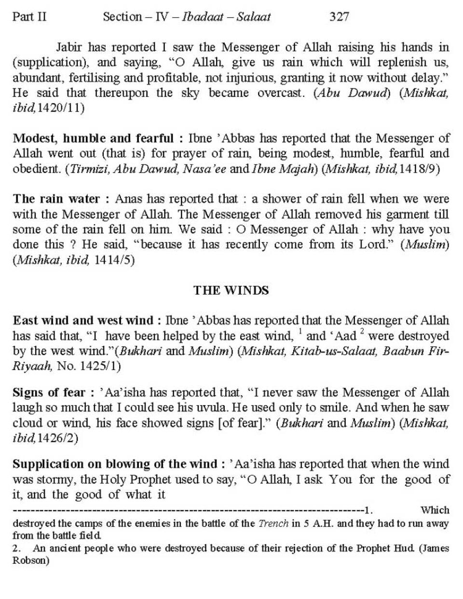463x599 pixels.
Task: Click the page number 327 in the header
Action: (x=339, y=17)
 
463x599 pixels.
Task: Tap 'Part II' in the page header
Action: (x=29, y=17)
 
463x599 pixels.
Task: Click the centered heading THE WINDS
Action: (x=231, y=290)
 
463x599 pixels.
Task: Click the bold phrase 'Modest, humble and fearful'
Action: (x=93, y=138)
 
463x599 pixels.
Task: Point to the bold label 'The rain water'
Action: (x=56, y=199)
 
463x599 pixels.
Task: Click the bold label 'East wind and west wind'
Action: (x=83, y=320)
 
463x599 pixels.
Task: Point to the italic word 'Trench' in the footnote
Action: (x=273, y=523)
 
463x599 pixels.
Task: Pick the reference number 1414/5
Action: (x=114, y=260)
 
